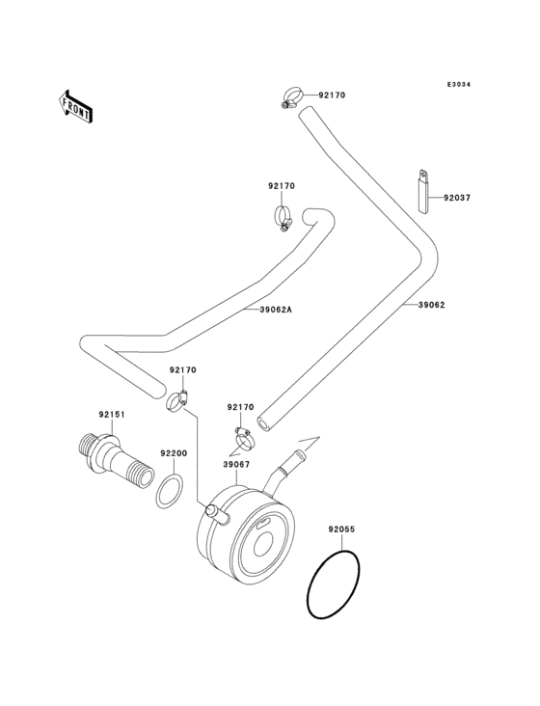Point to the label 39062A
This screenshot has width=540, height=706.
click(x=275, y=310)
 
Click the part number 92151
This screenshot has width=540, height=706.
click(x=112, y=415)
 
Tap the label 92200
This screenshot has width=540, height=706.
click(x=174, y=452)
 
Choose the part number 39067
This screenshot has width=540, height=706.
click(x=237, y=464)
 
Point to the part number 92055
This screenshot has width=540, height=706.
click(x=341, y=529)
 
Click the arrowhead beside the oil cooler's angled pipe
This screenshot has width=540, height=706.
click(x=308, y=443)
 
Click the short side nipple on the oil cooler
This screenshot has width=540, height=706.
click(x=220, y=515)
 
